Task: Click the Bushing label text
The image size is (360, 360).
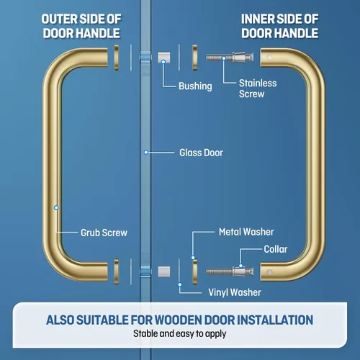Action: pyautogui.click(x=195, y=86)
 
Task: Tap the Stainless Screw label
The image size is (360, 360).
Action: pyautogui.click(x=258, y=89)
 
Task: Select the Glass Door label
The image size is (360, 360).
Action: pyautogui.click(x=201, y=153)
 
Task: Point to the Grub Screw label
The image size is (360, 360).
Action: pyautogui.click(x=104, y=233)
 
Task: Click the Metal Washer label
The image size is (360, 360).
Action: pyautogui.click(x=246, y=232)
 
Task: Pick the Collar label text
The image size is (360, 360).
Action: pyautogui.click(x=276, y=249)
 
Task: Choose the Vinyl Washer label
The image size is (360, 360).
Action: pyautogui.click(x=235, y=292)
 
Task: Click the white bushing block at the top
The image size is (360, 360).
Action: pyautogui.click(x=164, y=58)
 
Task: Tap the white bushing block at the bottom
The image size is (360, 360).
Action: pyautogui.click(x=164, y=271)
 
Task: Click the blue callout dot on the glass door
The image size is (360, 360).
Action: pyautogui.click(x=146, y=153)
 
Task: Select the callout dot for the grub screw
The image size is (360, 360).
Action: pyautogui.click(x=56, y=207)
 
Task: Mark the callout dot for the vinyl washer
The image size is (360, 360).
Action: pyautogui.click(x=179, y=284)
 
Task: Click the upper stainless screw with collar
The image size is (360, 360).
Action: pyautogui.click(x=230, y=58)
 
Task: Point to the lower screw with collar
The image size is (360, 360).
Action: pyautogui.click(x=230, y=271)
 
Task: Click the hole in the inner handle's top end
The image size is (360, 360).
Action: pyautogui.click(x=269, y=57)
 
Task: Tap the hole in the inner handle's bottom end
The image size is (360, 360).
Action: pyautogui.click(x=269, y=271)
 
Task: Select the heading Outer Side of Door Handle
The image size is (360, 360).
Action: pyautogui.click(x=81, y=26)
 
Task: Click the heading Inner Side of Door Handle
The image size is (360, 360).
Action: pyautogui.click(x=280, y=26)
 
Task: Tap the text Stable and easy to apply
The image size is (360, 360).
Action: pyautogui.click(x=180, y=334)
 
